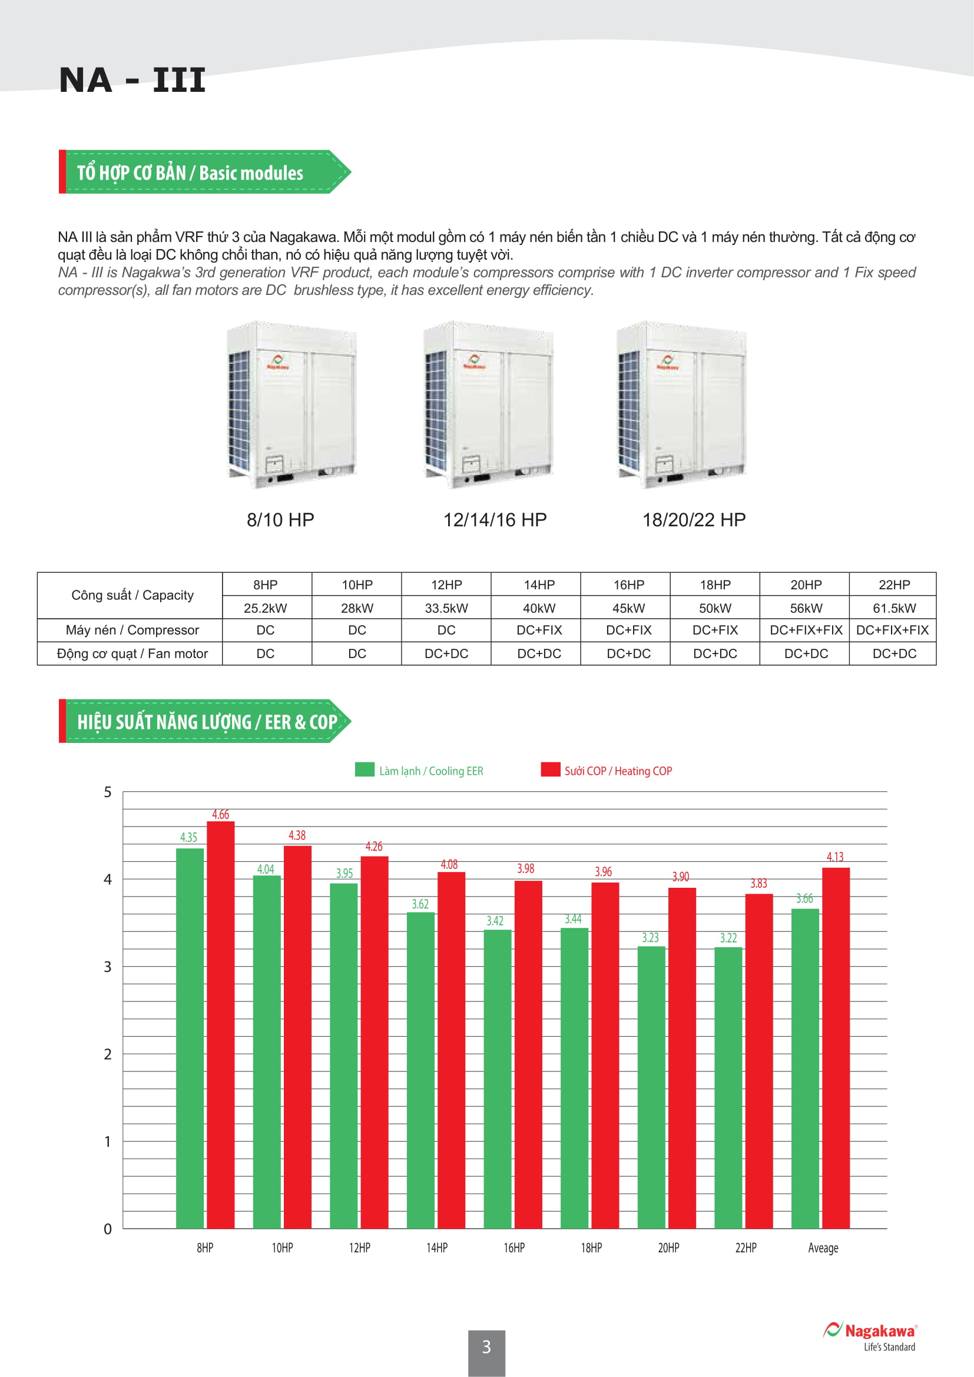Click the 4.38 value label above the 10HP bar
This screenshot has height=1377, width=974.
(297, 835)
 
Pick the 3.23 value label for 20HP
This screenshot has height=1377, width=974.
(650, 937)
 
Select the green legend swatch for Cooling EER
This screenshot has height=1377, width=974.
(364, 769)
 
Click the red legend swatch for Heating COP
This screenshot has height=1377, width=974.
(550, 769)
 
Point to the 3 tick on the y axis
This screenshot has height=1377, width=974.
(108, 967)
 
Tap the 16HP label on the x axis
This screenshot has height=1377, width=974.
(514, 1247)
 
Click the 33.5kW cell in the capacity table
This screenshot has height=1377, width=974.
(446, 608)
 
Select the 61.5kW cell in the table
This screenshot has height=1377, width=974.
(894, 608)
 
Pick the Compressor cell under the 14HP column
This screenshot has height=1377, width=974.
(539, 631)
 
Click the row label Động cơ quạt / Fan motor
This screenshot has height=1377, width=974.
(132, 653)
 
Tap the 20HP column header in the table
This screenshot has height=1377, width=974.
(806, 585)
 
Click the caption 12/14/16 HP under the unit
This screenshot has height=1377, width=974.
(495, 520)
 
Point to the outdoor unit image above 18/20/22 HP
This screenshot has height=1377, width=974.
(682, 405)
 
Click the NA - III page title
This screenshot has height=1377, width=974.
(132, 81)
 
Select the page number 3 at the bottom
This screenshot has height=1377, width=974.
(486, 1347)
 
